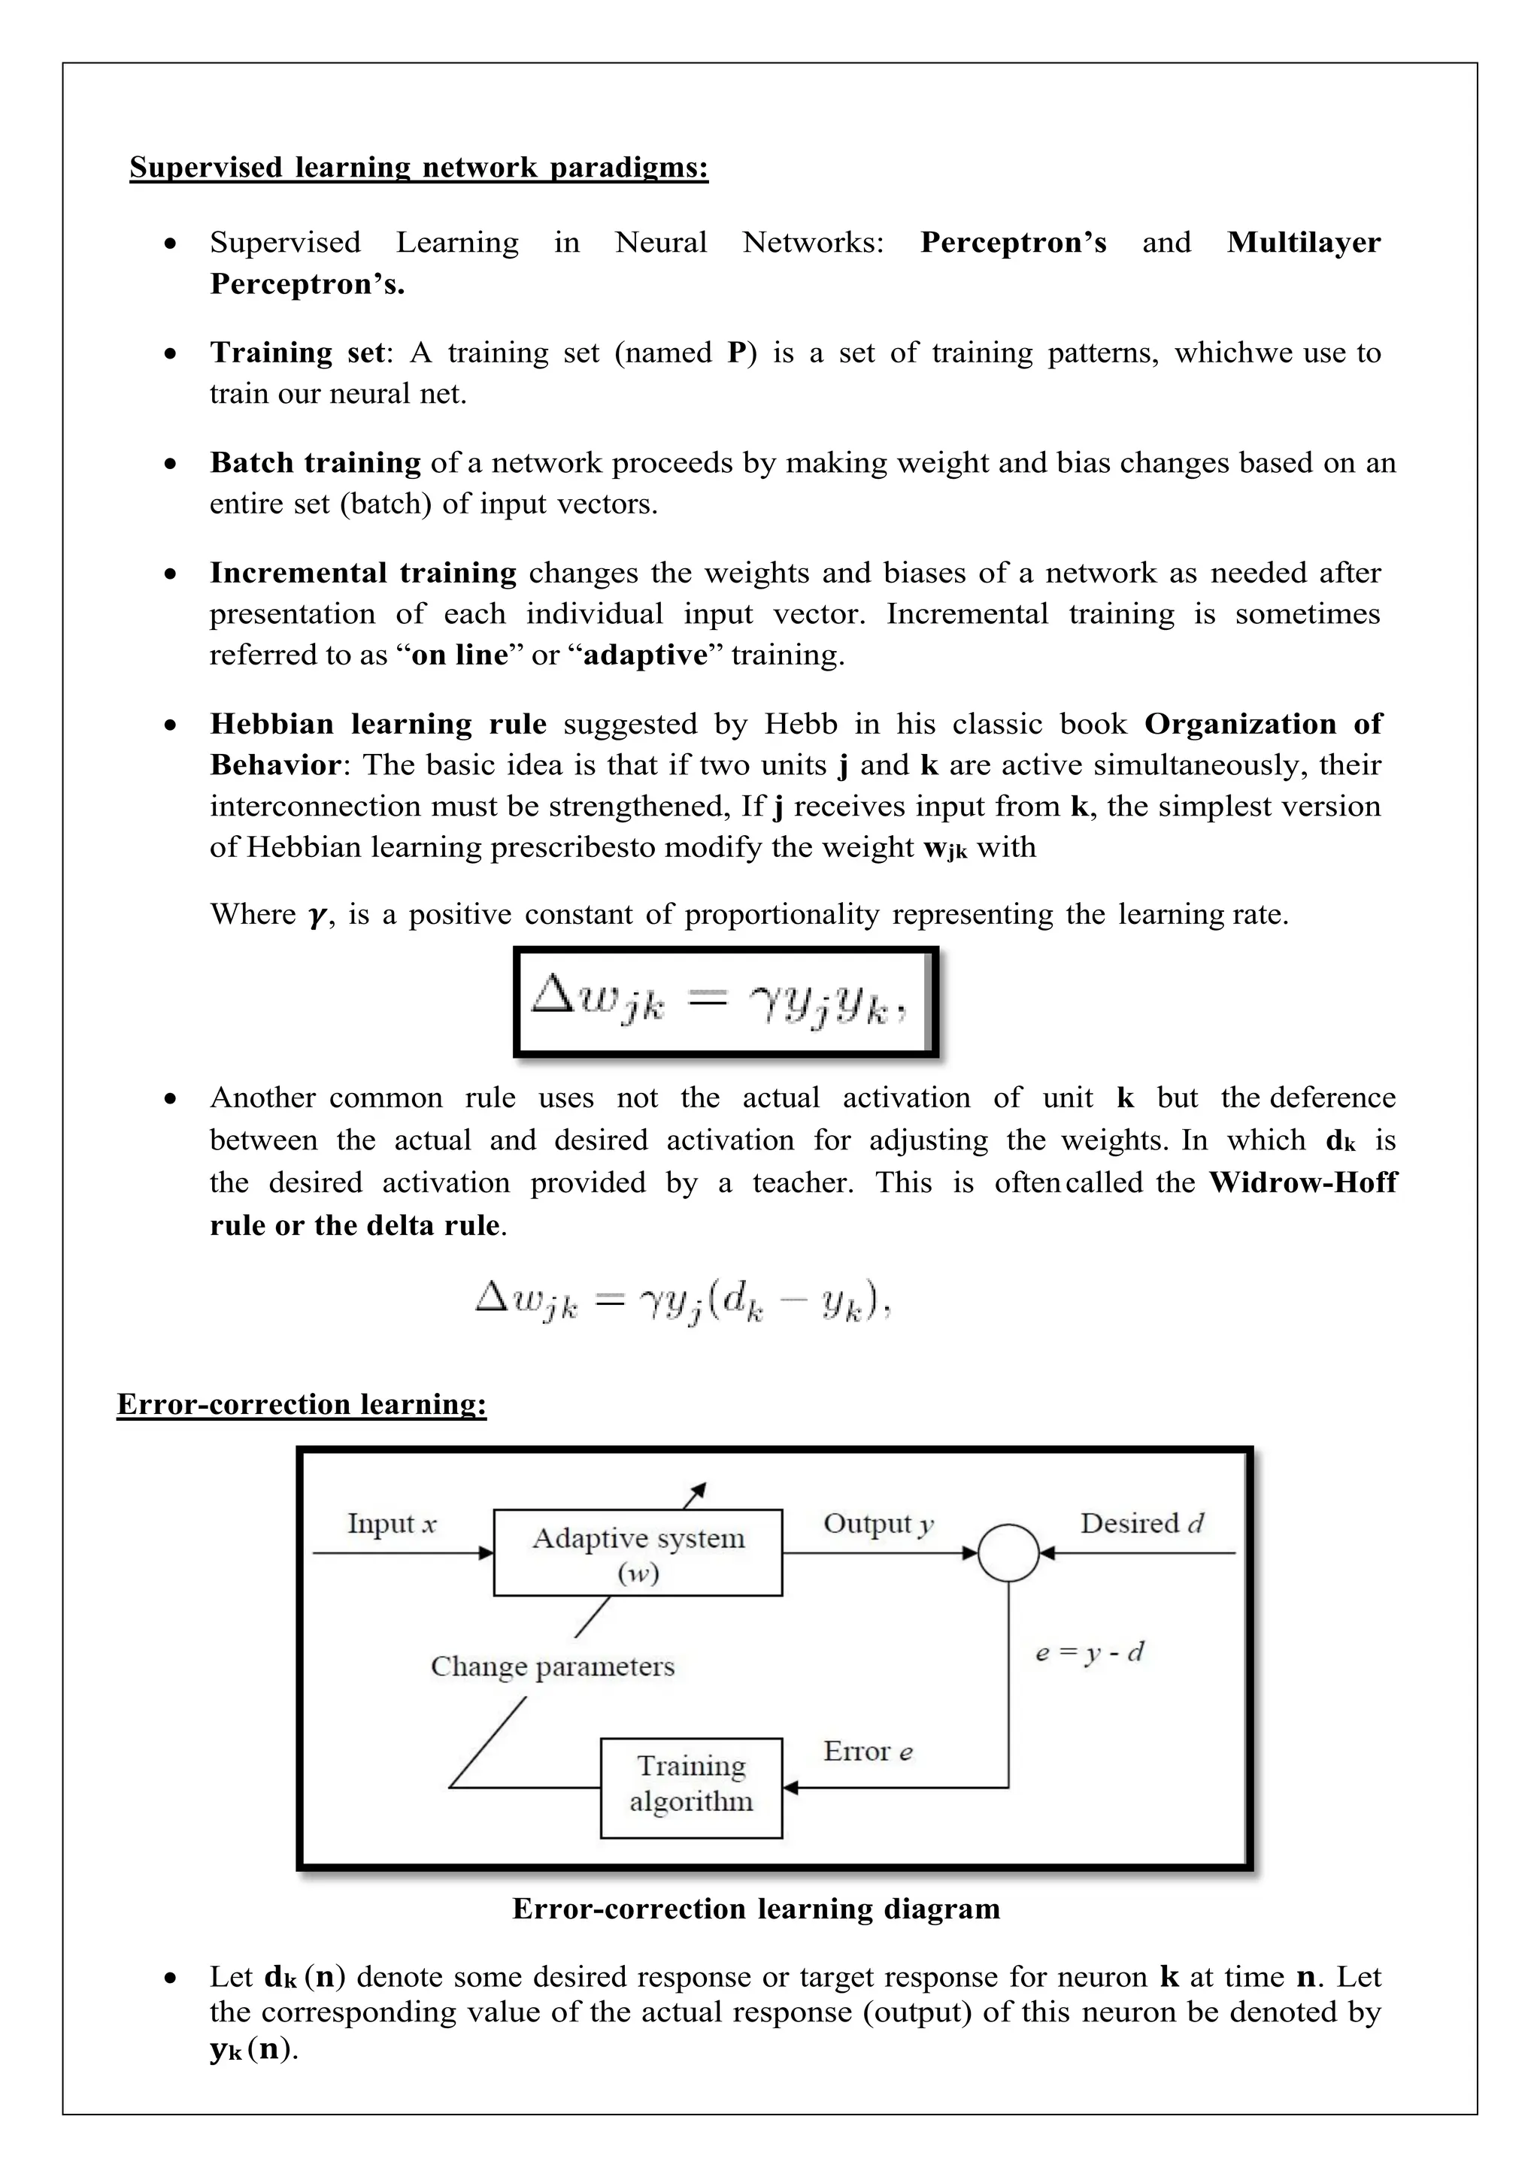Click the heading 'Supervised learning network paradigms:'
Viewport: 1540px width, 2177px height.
pyautogui.click(x=418, y=168)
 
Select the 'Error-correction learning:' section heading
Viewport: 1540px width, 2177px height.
pyautogui.click(x=302, y=1404)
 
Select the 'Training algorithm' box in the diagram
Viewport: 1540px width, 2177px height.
pyautogui.click(x=690, y=1788)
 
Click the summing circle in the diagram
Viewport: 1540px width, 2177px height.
pyautogui.click(x=1008, y=1553)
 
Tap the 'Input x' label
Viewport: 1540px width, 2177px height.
pyautogui.click(x=392, y=1524)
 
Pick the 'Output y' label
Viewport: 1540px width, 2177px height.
pyautogui.click(x=878, y=1524)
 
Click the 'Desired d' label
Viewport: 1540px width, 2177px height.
pyautogui.click(x=1141, y=1524)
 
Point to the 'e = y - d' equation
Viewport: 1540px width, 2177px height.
pyautogui.click(x=1090, y=1652)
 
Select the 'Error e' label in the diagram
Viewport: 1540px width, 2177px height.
pyautogui.click(x=868, y=1752)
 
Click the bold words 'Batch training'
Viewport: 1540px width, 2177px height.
pyautogui.click(x=315, y=463)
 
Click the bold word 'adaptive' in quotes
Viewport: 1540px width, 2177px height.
pyautogui.click(x=645, y=656)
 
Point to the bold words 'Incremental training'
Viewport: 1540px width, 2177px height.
pyautogui.click(x=362, y=573)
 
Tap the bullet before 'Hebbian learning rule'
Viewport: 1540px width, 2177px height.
pyautogui.click(x=170, y=725)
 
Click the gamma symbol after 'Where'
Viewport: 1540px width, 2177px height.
pyautogui.click(x=317, y=916)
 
